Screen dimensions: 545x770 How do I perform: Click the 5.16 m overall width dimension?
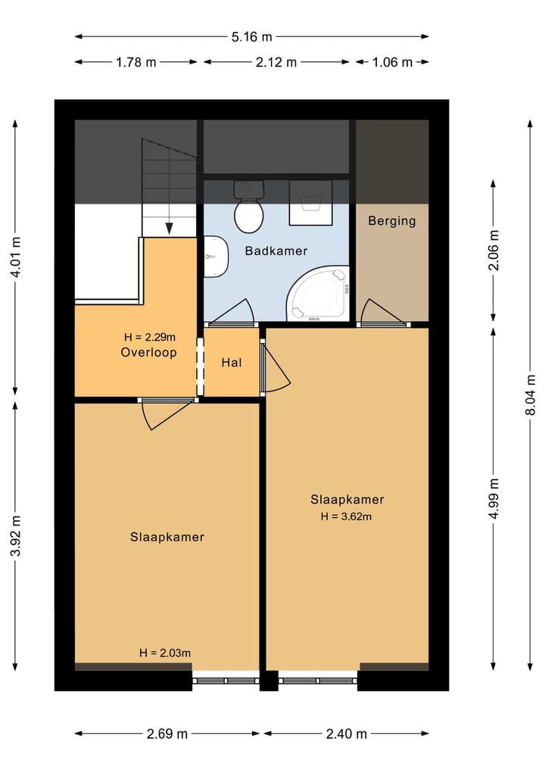click(x=252, y=37)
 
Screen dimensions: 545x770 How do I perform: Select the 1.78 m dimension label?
click(x=136, y=62)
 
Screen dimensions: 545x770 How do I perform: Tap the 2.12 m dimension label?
click(x=276, y=62)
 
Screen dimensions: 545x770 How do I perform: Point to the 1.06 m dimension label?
click(x=392, y=62)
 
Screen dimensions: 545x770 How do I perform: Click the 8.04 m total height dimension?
click(x=531, y=394)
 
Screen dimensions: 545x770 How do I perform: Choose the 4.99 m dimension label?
click(x=494, y=498)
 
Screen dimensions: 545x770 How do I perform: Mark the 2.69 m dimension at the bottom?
click(x=167, y=734)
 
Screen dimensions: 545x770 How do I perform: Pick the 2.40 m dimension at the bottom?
click(x=346, y=734)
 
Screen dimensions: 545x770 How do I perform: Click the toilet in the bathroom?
click(x=249, y=207)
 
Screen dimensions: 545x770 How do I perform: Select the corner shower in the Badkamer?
click(x=318, y=294)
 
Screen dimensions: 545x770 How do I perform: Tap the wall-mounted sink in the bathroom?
click(x=216, y=257)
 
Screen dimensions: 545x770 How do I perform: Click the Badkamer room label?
click(x=276, y=251)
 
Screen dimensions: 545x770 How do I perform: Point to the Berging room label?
click(x=392, y=221)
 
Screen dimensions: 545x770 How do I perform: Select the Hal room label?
click(x=232, y=363)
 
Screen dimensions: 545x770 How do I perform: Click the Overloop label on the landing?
click(x=149, y=353)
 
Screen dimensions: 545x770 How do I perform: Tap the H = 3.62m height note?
click(x=346, y=516)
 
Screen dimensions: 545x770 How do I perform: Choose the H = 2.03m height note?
click(x=165, y=653)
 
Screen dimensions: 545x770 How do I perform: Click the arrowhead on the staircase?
click(x=170, y=229)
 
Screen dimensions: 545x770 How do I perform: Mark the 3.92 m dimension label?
click(x=16, y=536)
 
